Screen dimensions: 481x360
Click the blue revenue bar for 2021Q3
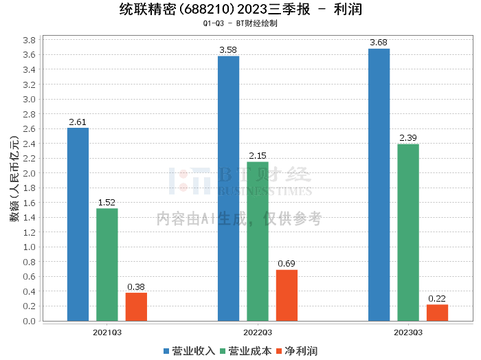pos(78,225)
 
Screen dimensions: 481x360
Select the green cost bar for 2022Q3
pos(258,241)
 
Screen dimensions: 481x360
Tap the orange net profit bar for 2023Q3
pos(437,313)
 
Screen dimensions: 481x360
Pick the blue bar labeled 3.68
pos(379,185)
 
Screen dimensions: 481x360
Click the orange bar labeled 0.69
pos(287,295)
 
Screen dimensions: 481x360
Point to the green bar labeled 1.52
pos(107,265)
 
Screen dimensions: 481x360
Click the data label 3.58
pos(228,50)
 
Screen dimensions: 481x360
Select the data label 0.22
pos(437,299)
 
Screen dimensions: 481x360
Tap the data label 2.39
pos(408,138)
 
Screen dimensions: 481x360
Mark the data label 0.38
pos(136,287)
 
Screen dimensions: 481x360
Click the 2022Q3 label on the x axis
pos(258,333)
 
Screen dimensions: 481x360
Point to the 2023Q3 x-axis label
pos(408,333)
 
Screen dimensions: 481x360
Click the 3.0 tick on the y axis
pos(29,100)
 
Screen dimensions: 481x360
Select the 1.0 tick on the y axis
pos(29,247)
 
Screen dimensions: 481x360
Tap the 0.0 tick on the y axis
pos(29,321)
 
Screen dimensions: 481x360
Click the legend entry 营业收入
pos(190,351)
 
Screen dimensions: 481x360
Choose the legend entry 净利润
pos(297,351)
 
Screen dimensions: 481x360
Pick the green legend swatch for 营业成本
pos(223,352)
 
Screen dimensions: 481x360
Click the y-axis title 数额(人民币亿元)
pos(14,179)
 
